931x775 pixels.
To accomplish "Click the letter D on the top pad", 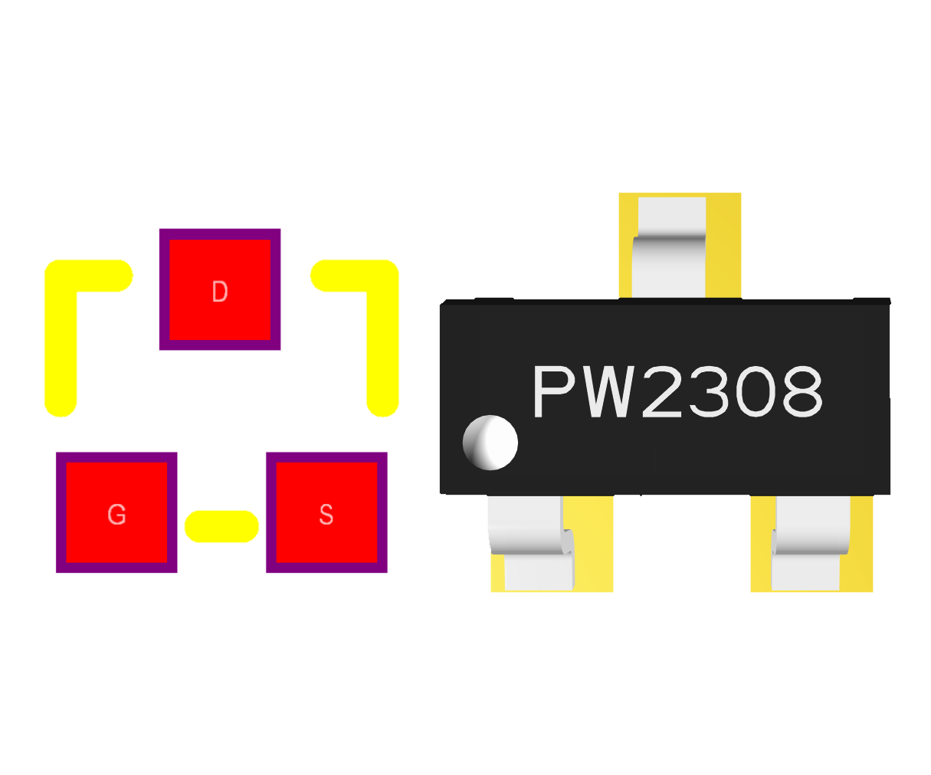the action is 219,292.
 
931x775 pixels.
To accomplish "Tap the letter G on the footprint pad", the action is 116,514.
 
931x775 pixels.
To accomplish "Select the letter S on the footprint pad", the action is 326,514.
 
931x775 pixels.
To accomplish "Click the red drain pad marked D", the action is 220,289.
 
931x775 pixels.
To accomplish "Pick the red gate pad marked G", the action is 116,512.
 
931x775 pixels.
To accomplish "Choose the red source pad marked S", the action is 326,512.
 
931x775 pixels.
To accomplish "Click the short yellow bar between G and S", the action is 221,526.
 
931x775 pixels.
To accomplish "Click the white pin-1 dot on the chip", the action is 490,443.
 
